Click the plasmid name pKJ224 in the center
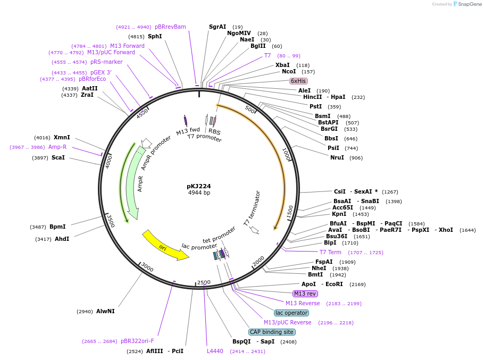pyautogui.click(x=199, y=186)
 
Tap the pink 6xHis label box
pyautogui.click(x=298, y=81)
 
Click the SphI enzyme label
pyautogui.click(x=155, y=36)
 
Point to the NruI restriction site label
pyautogui.click(x=337, y=157)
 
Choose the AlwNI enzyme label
pyautogui.click(x=105, y=311)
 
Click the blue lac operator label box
pyautogui.click(x=291, y=313)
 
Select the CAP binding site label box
pyautogui.click(x=272, y=332)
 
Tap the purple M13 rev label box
pyautogui.click(x=305, y=294)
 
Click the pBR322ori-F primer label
pyautogui.click(x=137, y=341)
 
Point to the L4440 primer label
pyautogui.click(x=215, y=351)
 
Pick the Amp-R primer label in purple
pyautogui.click(x=57, y=147)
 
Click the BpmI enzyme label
pyautogui.click(x=57, y=227)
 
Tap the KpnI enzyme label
pyautogui.click(x=339, y=214)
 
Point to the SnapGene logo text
pyautogui.click(x=470, y=4)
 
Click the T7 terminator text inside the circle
pyautogui.click(x=252, y=208)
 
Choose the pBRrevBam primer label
pyautogui.click(x=170, y=27)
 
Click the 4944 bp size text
pyautogui.click(x=199, y=192)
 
